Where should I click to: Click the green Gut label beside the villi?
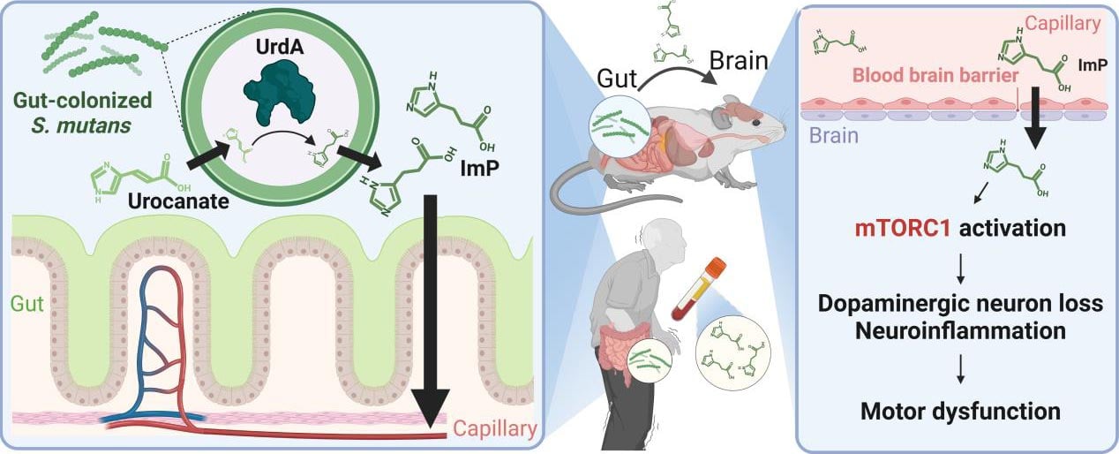pos(26,304)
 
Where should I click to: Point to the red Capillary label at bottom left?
pos(495,430)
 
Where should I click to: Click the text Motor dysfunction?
pos(961,411)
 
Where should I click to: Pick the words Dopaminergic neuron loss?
pos(961,304)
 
